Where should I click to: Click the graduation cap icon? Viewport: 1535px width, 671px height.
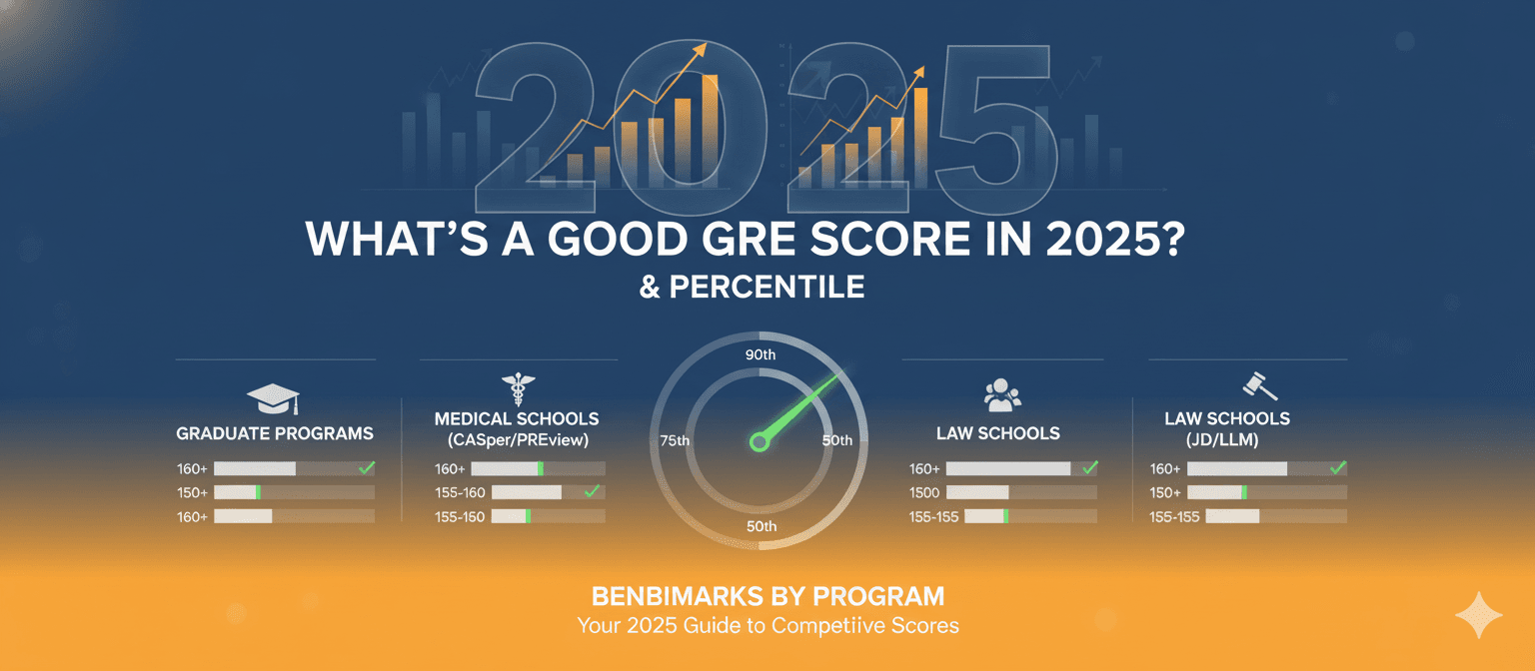pos(273,398)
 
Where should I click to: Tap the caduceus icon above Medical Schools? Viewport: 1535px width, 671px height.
pos(518,389)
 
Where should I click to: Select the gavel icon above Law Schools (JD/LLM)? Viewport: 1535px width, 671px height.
pos(1259,386)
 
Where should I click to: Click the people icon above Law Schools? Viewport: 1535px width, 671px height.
pos(1002,395)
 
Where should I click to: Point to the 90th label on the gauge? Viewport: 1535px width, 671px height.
pos(761,354)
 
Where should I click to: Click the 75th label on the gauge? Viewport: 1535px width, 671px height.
pos(675,441)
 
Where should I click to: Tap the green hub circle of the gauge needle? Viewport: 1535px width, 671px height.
pos(759,442)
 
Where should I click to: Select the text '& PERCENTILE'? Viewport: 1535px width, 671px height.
pos(752,287)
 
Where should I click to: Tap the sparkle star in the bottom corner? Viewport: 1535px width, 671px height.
pos(1479,615)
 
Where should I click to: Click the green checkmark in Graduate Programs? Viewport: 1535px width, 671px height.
pos(367,467)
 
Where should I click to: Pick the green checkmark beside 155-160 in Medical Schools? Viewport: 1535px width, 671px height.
pos(592,491)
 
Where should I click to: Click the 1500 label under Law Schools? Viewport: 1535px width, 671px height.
pos(923,493)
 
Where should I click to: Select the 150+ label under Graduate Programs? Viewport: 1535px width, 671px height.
pos(192,493)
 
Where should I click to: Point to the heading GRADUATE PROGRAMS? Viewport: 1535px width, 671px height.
pos(275,433)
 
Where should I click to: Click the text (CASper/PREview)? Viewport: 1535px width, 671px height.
pos(518,439)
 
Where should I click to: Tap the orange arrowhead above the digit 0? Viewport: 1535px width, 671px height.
pos(700,50)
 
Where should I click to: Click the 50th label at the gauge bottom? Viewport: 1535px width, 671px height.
pos(762,526)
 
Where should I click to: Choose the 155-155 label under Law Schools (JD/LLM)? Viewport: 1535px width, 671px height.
pos(1174,517)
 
